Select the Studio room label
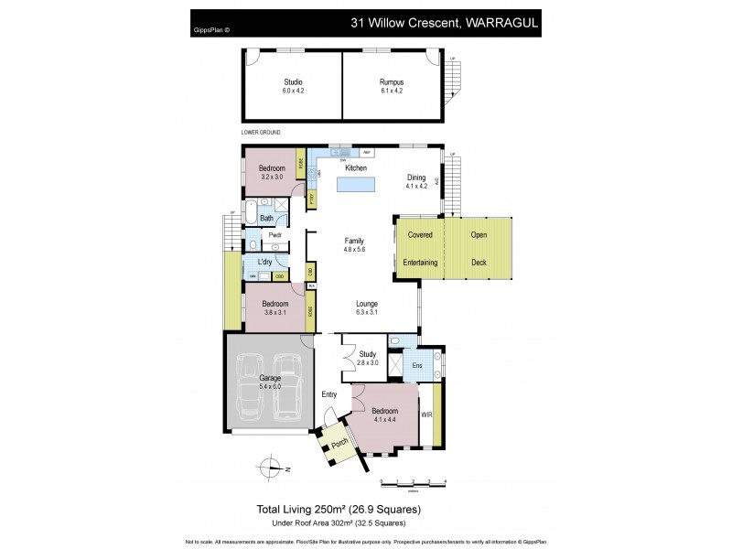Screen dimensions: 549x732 tap(293, 82)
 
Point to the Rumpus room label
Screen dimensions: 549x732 tap(392, 82)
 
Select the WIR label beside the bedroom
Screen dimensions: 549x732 tap(426, 414)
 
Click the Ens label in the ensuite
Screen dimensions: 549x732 tap(416, 366)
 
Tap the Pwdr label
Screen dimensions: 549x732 tap(274, 235)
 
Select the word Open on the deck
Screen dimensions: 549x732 tap(479, 234)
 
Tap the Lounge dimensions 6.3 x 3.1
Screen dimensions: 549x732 tap(367, 313)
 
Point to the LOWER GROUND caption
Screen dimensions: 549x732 tap(261, 133)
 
